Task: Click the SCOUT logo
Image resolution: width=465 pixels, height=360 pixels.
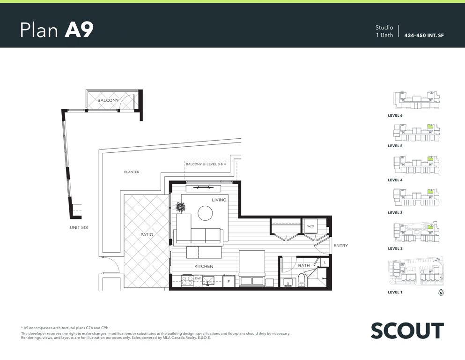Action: (407, 330)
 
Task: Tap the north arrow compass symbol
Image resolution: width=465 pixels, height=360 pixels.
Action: (441, 292)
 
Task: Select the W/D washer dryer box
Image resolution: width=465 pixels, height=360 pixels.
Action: (310, 226)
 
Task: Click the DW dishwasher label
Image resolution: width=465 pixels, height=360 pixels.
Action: (198, 278)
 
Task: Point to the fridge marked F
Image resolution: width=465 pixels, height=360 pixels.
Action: (229, 281)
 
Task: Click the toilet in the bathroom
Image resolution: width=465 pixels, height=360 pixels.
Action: (301, 281)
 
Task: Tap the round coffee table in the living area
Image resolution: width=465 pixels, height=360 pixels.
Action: (205, 213)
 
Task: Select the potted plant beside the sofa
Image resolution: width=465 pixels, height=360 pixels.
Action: (180, 207)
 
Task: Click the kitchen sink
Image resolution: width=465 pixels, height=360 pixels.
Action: (208, 280)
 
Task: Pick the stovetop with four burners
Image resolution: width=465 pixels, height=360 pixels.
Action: (187, 281)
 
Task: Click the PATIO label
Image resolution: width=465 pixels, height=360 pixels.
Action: (147, 235)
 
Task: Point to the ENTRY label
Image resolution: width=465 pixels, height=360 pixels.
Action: (341, 246)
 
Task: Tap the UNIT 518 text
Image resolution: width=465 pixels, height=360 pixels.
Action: (79, 228)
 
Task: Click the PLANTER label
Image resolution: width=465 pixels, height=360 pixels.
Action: (132, 172)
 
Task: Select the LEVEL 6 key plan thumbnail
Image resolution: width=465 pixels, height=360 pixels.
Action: (416, 101)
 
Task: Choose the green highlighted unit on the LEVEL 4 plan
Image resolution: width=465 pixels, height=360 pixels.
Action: (430, 159)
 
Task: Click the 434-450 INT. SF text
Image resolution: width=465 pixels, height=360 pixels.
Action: (424, 35)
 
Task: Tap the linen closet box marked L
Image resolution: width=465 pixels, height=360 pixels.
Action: (325, 262)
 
